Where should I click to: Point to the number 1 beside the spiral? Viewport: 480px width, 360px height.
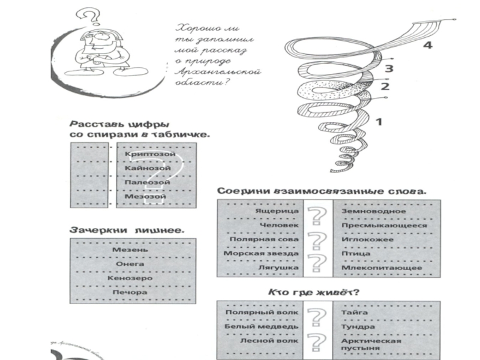[x=379, y=122]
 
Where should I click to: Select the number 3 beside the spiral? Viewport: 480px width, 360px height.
[x=389, y=68]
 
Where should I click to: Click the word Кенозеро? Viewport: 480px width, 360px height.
[x=130, y=278]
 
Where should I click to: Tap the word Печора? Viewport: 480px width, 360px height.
[x=130, y=292]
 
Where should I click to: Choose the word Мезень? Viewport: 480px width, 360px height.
[x=126, y=249]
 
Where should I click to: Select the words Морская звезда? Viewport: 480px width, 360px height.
[x=261, y=254]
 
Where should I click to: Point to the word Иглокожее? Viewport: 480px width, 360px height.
[x=367, y=239]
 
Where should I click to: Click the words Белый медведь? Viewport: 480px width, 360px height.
[x=261, y=326]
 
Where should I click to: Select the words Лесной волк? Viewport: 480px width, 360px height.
[x=268, y=340]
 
